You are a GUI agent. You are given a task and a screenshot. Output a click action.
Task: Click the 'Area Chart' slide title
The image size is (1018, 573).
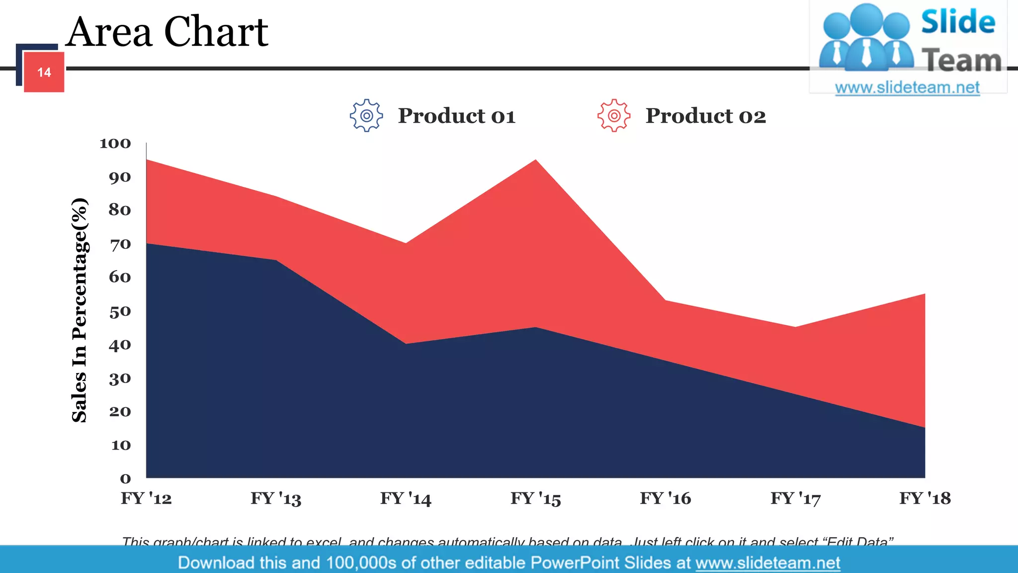(x=167, y=32)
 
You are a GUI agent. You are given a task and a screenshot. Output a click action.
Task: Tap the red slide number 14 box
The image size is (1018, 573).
(x=44, y=72)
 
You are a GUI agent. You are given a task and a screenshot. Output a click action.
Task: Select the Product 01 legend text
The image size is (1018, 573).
(x=456, y=116)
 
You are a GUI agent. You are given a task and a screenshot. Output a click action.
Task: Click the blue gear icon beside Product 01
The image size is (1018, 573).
(x=366, y=115)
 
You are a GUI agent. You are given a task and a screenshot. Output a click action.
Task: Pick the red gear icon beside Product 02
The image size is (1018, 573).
(x=614, y=115)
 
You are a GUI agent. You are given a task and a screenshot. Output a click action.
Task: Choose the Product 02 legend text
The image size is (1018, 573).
(x=705, y=116)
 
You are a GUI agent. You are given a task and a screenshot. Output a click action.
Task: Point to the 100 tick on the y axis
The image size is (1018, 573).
(x=115, y=144)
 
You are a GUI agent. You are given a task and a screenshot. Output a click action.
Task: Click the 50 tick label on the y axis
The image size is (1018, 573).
(x=120, y=312)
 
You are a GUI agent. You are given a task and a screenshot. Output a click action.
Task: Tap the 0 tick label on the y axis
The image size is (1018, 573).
(x=125, y=478)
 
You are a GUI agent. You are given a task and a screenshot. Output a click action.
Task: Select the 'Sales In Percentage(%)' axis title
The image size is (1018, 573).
(x=80, y=310)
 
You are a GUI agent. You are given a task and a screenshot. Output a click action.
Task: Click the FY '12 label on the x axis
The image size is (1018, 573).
(x=146, y=498)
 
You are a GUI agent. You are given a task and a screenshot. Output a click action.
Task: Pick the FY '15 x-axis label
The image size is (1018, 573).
(x=535, y=498)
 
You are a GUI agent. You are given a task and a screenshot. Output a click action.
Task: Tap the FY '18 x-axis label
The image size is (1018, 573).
(x=925, y=498)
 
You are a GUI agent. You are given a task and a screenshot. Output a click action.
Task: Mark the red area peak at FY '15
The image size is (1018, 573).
(x=535, y=161)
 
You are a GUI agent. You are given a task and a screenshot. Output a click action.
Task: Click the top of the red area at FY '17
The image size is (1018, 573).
(x=795, y=328)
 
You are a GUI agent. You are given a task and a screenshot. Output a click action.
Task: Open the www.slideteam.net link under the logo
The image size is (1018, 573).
(x=907, y=88)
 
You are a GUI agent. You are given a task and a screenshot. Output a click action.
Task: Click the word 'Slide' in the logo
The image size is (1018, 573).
(x=958, y=22)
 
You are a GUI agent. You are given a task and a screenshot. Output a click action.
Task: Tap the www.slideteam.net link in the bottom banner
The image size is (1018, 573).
(x=767, y=563)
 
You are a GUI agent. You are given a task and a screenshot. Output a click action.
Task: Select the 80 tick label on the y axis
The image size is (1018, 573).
(x=120, y=210)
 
